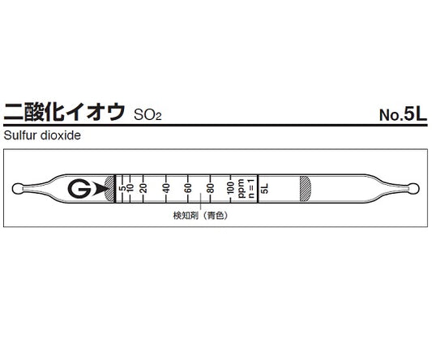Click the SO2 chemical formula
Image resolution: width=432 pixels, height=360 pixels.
(148, 114)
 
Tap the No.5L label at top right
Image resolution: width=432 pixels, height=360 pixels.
(402, 114)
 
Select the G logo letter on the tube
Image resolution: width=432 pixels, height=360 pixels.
(79, 189)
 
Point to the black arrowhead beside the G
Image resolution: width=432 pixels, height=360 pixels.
(101, 189)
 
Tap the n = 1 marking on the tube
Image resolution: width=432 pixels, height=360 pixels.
(250, 188)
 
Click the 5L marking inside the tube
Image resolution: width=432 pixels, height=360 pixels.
(265, 188)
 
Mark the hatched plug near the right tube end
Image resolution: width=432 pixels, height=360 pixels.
(306, 188)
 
